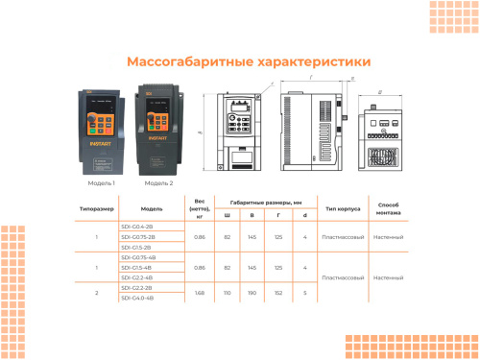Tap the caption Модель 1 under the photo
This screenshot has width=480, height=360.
(x=101, y=182)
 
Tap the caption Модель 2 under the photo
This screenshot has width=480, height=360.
(x=158, y=182)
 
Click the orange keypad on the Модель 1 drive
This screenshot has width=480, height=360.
(x=101, y=129)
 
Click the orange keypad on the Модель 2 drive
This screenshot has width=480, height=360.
(x=158, y=127)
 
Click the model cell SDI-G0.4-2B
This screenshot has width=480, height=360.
(x=138, y=226)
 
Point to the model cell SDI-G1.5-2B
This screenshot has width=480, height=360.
(x=138, y=247)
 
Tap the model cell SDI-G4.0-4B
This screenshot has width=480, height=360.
(x=138, y=298)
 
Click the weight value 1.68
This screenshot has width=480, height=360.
(x=200, y=293)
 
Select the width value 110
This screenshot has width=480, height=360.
(x=228, y=293)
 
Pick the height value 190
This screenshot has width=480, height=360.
(x=252, y=293)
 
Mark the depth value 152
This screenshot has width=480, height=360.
(x=278, y=293)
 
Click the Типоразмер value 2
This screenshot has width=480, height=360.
(x=97, y=293)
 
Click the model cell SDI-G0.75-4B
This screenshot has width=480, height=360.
(x=138, y=257)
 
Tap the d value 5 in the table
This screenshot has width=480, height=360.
(x=304, y=293)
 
